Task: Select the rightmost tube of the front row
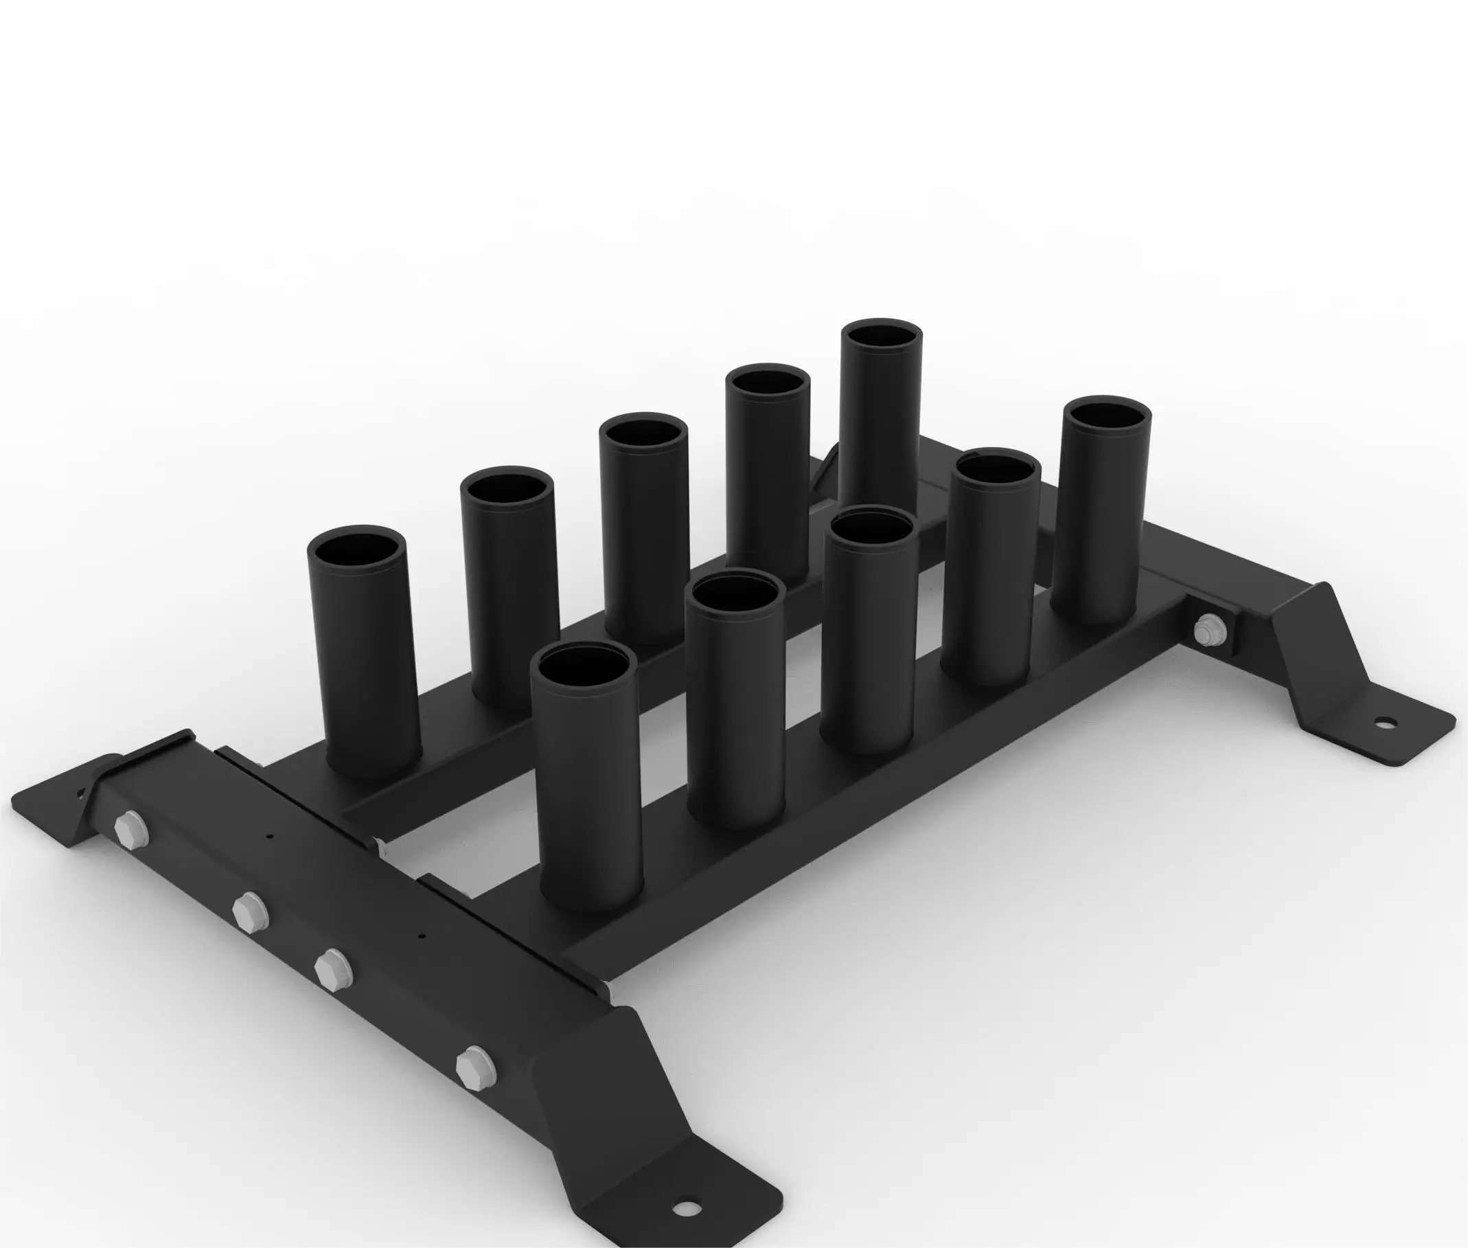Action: click(x=1100, y=510)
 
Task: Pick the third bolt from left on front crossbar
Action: click(x=332, y=969)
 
